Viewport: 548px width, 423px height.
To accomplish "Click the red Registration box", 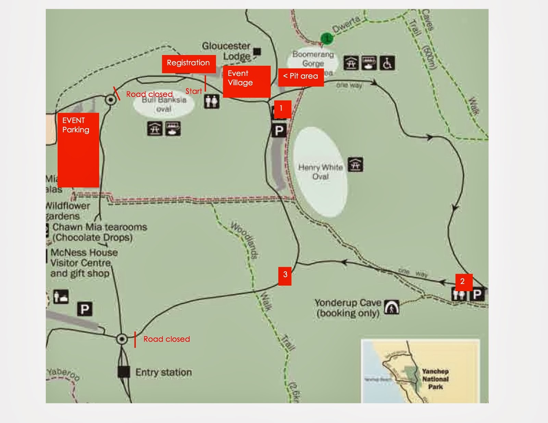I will tap(189, 64).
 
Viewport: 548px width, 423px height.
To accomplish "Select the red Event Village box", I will tap(247, 81).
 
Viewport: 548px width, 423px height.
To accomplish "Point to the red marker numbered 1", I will tap(282, 109).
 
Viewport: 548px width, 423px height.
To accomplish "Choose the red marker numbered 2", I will tap(464, 282).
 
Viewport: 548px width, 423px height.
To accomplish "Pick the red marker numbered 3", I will tap(285, 276).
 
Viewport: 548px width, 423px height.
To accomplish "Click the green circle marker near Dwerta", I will tap(327, 38).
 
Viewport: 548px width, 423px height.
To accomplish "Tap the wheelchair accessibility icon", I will tap(387, 63).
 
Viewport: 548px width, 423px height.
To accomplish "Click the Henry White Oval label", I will tap(320, 172).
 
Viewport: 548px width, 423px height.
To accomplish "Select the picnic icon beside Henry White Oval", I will tap(356, 165).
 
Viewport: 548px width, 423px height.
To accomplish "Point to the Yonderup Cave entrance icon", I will tap(391, 307).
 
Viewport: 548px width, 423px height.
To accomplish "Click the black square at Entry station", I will tap(124, 372).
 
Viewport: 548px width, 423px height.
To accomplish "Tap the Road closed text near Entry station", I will tap(166, 339).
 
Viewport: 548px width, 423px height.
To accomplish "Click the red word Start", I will tap(194, 91).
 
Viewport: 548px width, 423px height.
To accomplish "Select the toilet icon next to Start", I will tap(211, 102).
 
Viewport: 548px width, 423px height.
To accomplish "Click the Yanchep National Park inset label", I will tap(435, 379).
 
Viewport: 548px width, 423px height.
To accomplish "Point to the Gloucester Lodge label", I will tap(226, 51).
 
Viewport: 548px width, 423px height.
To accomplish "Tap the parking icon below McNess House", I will tap(85, 309).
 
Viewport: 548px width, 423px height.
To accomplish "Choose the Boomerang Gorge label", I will tap(313, 59).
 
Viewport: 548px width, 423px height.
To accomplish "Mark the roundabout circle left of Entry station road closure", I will tap(122, 339).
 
